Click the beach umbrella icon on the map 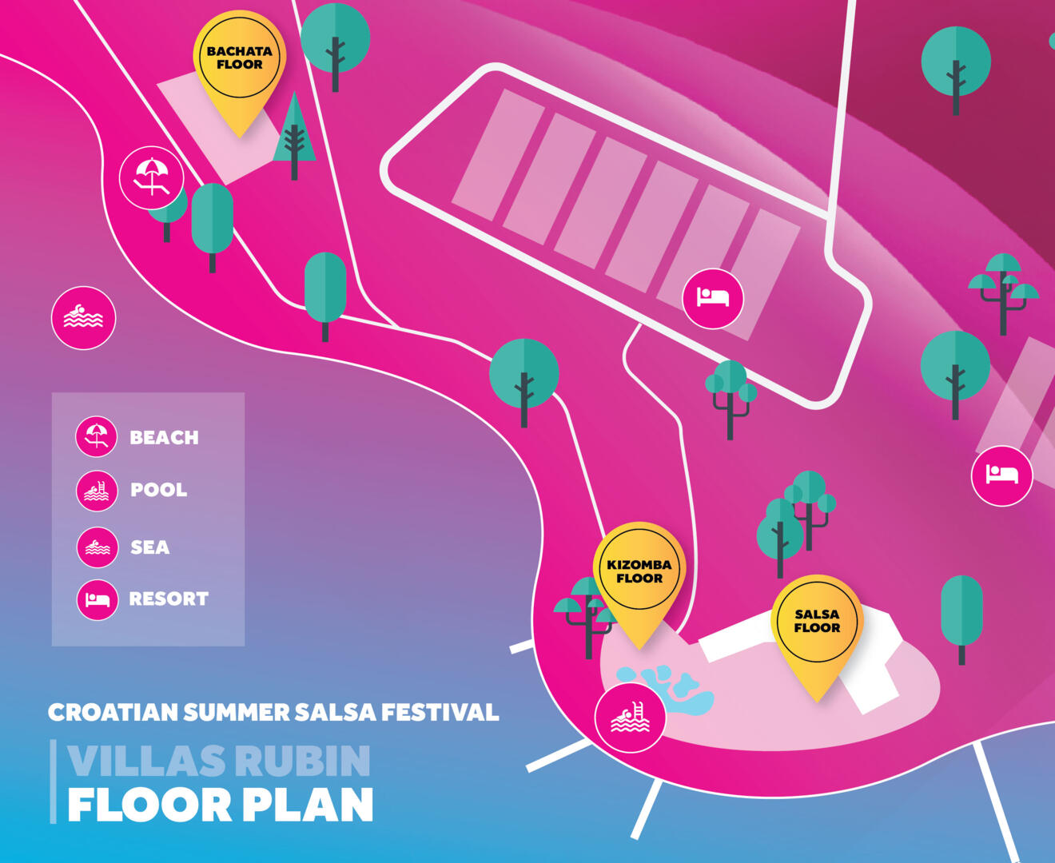pyautogui.click(x=151, y=177)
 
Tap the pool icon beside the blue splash pyautogui.click(x=630, y=717)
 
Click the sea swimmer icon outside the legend pyautogui.click(x=83, y=317)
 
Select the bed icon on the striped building pyautogui.click(x=713, y=298)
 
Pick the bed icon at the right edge pyautogui.click(x=1001, y=475)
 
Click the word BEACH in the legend pyautogui.click(x=164, y=438)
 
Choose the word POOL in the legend pyautogui.click(x=158, y=490)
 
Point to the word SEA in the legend pyautogui.click(x=149, y=547)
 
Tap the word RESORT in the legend pyautogui.click(x=168, y=599)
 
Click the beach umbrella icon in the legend pyautogui.click(x=97, y=437)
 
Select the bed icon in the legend pyautogui.click(x=97, y=599)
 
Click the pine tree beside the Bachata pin pyautogui.click(x=294, y=136)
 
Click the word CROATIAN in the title pyautogui.click(x=113, y=711)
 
